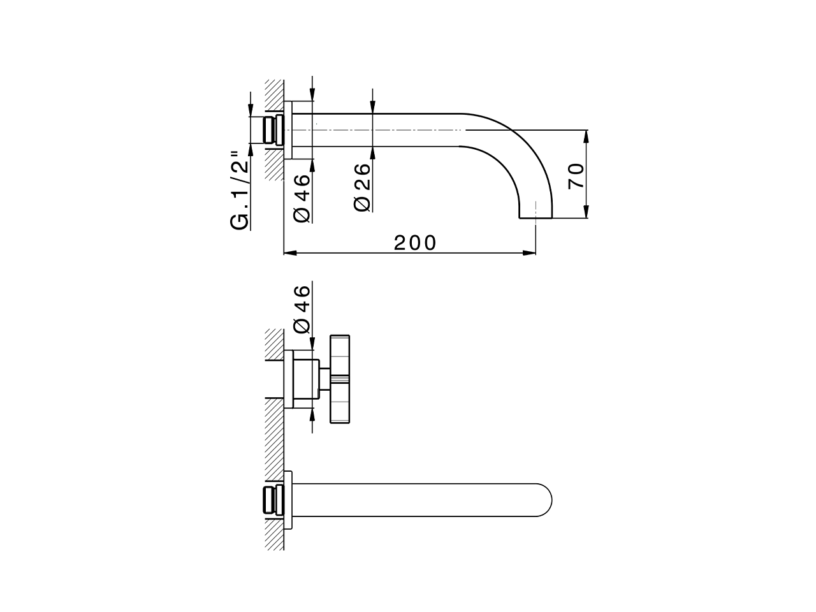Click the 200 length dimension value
pos(415,243)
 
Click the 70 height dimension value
pos(576,175)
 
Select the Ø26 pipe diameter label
pos(361,187)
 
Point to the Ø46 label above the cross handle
pos(302,309)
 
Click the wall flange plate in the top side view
pos(288,130)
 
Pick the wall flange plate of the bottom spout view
pos(288,499)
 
